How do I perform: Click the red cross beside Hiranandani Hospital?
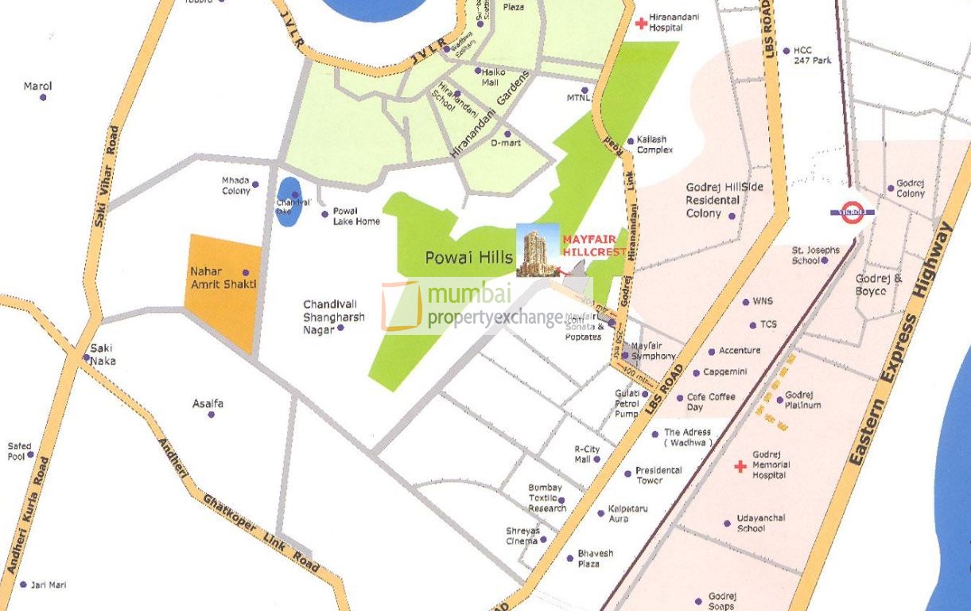tap(641, 23)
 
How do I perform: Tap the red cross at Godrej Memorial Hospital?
tap(740, 466)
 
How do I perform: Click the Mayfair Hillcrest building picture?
tap(538, 251)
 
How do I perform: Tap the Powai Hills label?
tap(469, 258)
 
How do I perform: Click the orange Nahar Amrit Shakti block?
tap(221, 290)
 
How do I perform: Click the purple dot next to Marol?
tap(43, 98)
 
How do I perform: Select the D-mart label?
tap(505, 143)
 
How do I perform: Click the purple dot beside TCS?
tap(752, 325)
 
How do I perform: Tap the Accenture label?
tap(740, 351)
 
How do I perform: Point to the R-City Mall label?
tap(587, 454)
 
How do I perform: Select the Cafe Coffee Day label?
tap(710, 402)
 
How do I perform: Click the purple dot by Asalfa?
tap(211, 414)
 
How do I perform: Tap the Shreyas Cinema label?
tap(522, 535)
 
